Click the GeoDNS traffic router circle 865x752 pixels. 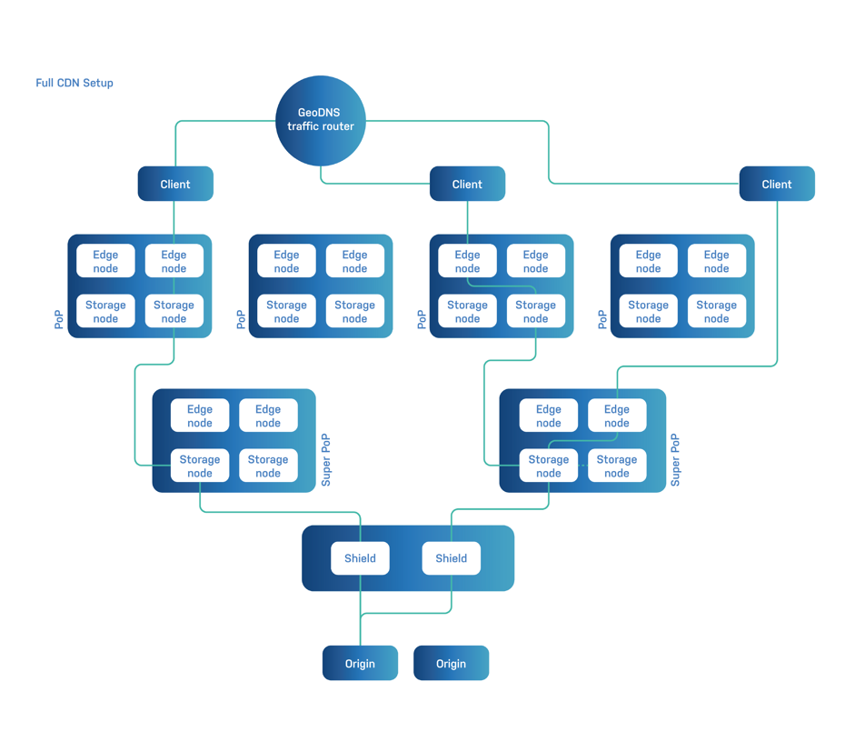pyautogui.click(x=320, y=120)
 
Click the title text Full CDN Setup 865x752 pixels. pyautogui.click(x=75, y=83)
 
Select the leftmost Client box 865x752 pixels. pyautogui.click(x=175, y=184)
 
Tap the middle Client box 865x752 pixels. pyautogui.click(x=467, y=184)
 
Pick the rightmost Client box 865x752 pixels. pyautogui.click(x=777, y=184)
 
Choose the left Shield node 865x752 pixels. pyautogui.click(x=360, y=558)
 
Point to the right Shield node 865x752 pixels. pyautogui.click(x=451, y=558)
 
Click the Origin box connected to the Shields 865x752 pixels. pyautogui.click(x=360, y=664)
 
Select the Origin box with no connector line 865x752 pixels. pyautogui.click(x=451, y=664)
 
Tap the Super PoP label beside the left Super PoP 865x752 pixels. pyautogui.click(x=326, y=460)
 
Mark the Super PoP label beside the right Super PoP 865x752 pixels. pyautogui.click(x=675, y=460)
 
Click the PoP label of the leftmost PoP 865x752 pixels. pyautogui.click(x=59, y=319)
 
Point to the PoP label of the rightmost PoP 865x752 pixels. pyautogui.click(x=602, y=319)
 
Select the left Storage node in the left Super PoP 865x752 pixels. pyautogui.click(x=200, y=466)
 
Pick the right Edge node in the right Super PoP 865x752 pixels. pyautogui.click(x=617, y=416)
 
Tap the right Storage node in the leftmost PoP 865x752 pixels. pyautogui.click(x=174, y=311)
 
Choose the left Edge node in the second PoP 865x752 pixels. pyautogui.click(x=286, y=261)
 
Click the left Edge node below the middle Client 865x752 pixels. pyautogui.click(x=467, y=261)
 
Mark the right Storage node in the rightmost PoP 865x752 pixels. pyautogui.click(x=716, y=311)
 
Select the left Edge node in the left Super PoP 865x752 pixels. pyautogui.click(x=200, y=416)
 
